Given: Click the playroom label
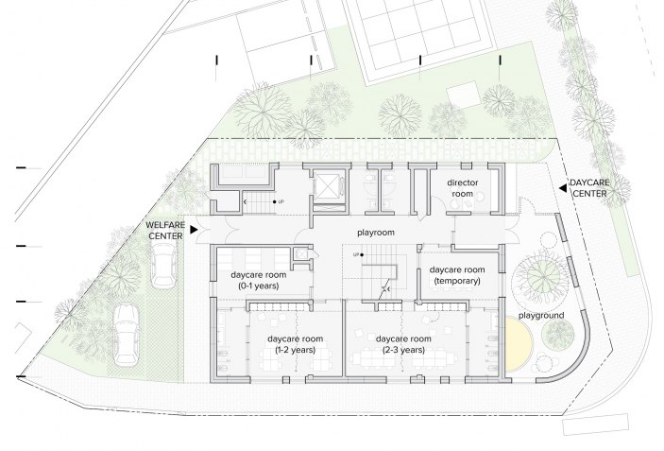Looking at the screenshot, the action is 376,233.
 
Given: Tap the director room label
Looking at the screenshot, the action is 462,188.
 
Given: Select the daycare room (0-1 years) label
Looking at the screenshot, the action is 258,280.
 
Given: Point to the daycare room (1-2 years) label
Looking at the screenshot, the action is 295,344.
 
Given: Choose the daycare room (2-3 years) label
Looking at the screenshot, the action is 403,344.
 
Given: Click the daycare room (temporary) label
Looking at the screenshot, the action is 457,275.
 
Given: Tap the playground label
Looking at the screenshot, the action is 541,316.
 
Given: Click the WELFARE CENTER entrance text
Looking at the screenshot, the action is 165,230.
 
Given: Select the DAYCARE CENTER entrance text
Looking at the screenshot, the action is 590,188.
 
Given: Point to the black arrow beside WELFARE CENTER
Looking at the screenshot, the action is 194,230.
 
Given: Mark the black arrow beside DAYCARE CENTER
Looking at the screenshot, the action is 563,188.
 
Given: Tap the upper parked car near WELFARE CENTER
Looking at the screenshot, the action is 163,266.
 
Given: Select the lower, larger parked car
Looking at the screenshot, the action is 127,335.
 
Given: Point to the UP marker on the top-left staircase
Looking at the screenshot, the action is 278,201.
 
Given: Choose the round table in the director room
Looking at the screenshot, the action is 455,204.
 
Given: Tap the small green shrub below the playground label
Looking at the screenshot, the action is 559,335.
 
